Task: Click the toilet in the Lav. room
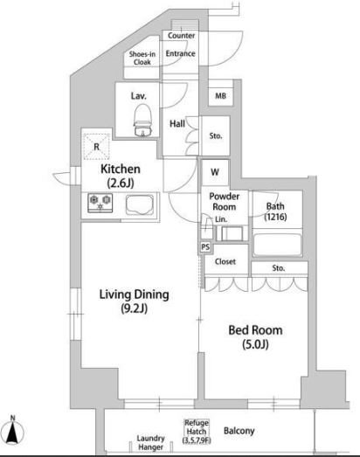point(143,121)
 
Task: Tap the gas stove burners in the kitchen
point(100,203)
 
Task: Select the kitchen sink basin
point(140,204)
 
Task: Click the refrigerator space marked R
point(97,147)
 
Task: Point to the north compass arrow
point(12,431)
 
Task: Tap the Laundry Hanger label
point(150,442)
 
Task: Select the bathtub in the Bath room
point(277,245)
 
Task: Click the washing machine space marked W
point(215,172)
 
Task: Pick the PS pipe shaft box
point(205,247)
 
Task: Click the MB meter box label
point(221,95)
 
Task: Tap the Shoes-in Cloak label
point(142,58)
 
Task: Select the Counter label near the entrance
point(182,36)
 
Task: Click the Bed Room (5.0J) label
point(255,337)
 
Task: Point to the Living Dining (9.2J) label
point(134,301)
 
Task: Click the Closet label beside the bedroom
point(225,261)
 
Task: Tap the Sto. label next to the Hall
point(216,135)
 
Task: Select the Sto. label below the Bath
point(279,268)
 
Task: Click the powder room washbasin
point(232,233)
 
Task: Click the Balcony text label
point(239,431)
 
